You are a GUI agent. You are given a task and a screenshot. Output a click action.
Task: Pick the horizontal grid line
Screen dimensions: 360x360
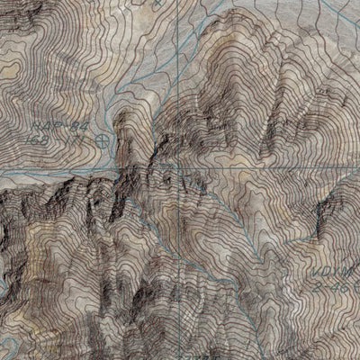click(54, 168)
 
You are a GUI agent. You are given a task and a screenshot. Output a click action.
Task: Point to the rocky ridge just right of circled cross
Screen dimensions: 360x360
click(144, 148)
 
